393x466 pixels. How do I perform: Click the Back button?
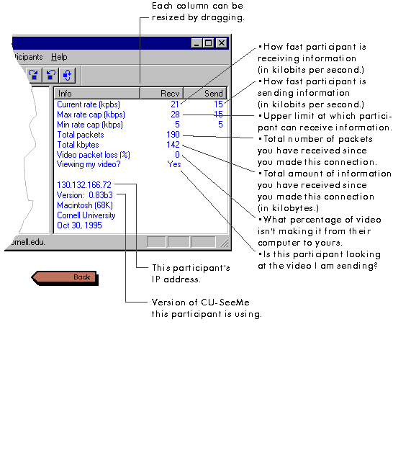65,277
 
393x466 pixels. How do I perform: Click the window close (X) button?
222,43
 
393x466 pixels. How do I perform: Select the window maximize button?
209,43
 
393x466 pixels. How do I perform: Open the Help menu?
59,57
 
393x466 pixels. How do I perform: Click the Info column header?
97,94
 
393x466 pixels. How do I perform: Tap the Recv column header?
162,94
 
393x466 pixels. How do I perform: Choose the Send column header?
206,94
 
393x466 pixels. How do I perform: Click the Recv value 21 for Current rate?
175,104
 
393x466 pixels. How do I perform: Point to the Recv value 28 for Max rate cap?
175,115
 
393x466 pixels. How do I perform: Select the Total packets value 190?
173,135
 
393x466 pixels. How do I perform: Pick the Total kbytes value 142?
173,145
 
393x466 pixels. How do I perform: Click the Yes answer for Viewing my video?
174,164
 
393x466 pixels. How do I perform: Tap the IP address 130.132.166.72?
84,185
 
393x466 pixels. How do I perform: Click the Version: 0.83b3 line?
85,195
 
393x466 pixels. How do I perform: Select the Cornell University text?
86,215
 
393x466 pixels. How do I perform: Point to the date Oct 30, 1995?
79,225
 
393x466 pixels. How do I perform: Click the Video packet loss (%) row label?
94,155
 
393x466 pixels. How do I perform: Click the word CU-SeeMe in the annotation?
225,303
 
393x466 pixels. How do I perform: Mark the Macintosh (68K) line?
85,205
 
